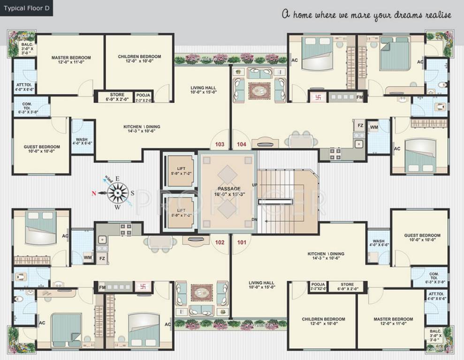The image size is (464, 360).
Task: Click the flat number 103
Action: click(220, 144)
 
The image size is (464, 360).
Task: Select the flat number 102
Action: click(220, 243)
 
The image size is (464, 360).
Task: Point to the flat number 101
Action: click(242, 243)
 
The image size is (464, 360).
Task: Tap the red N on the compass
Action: click(94, 193)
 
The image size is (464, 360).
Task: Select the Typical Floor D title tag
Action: click(26, 8)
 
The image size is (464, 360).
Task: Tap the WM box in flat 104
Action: click(374, 127)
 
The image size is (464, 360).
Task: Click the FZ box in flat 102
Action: click(102, 258)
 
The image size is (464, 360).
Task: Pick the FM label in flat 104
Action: click(360, 97)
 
